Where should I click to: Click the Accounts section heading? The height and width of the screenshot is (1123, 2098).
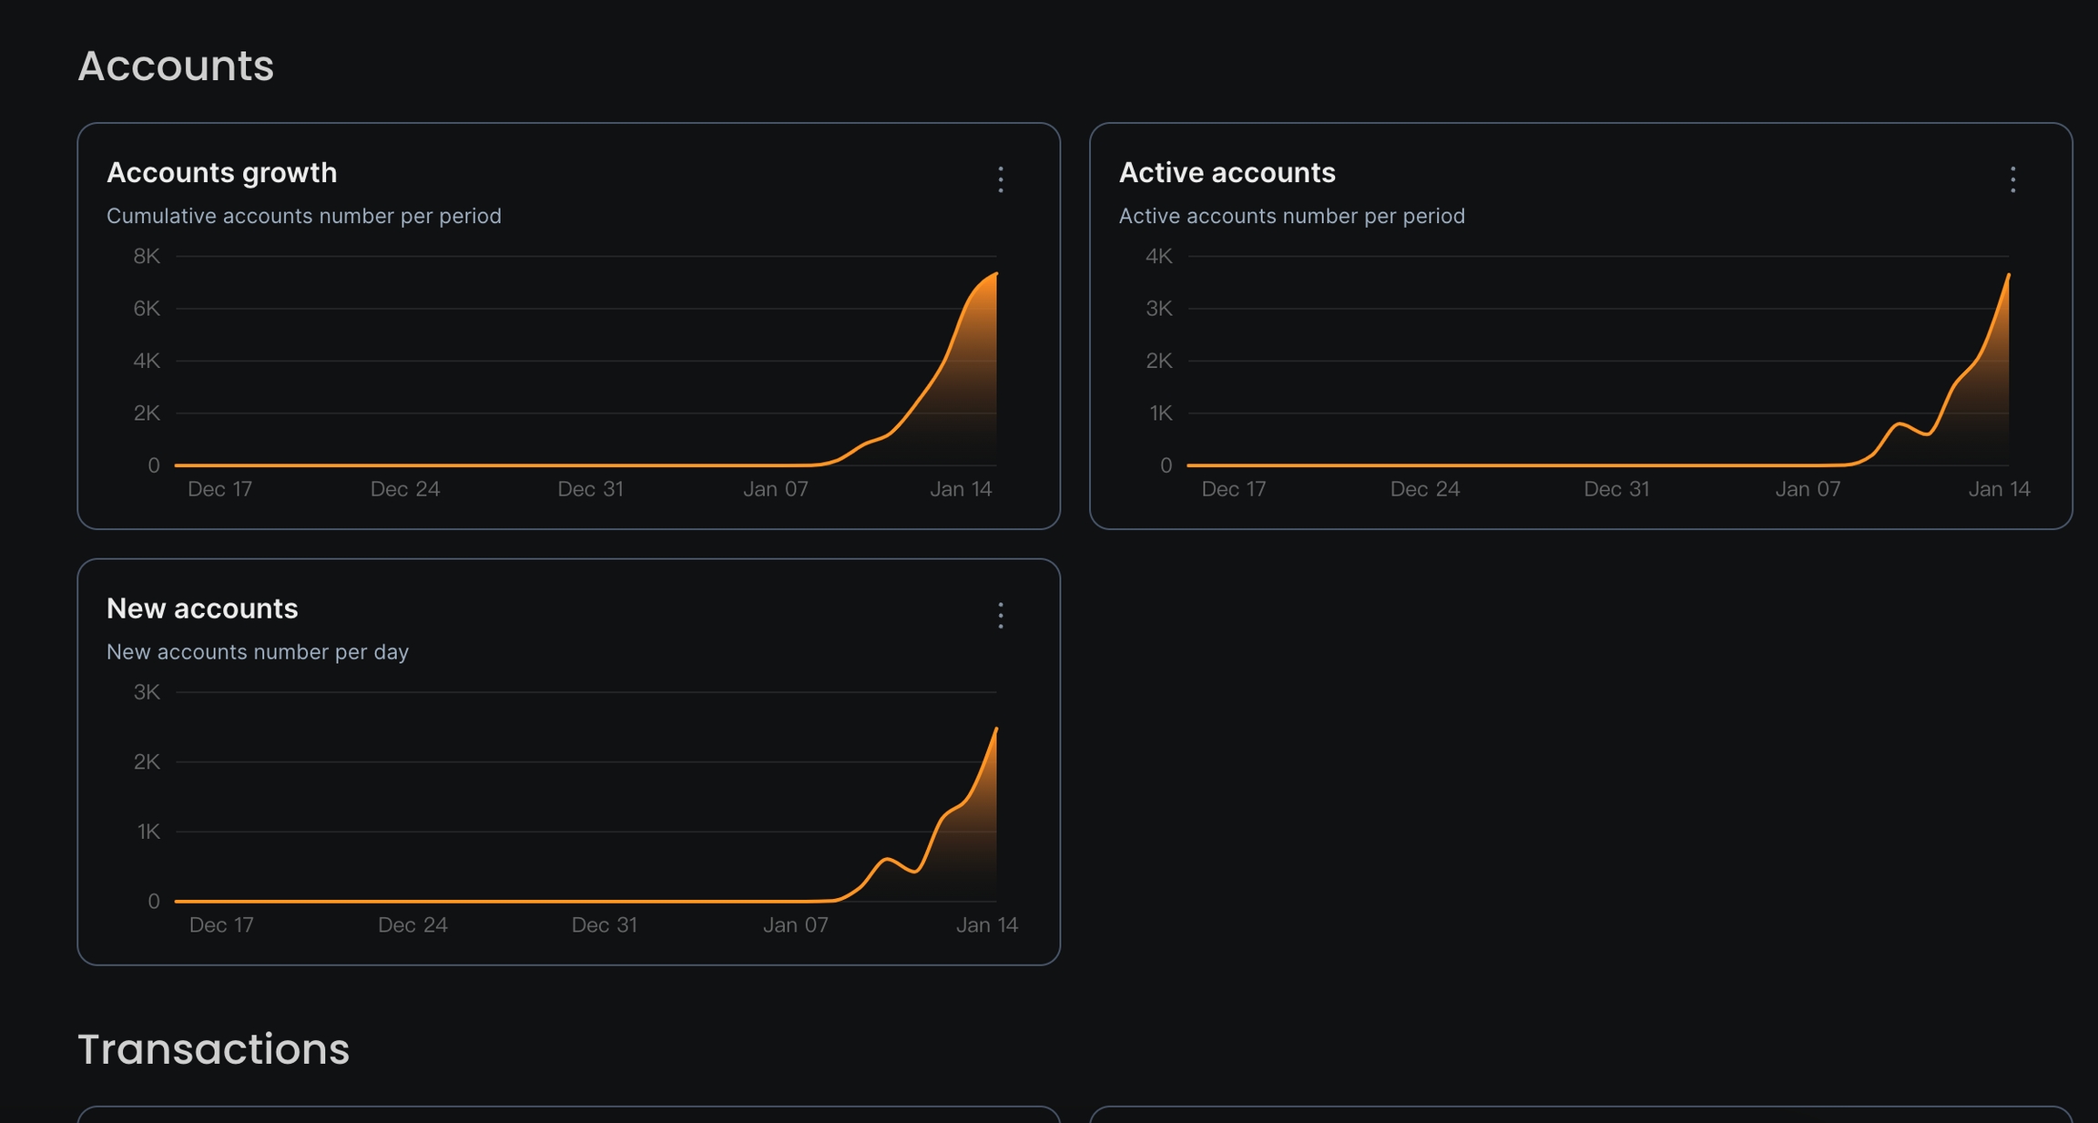coord(176,66)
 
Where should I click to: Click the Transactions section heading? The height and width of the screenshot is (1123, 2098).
coord(213,1048)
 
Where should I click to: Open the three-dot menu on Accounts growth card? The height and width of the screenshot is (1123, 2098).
coord(1001,179)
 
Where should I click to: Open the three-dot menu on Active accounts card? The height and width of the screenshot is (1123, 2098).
coord(2012,179)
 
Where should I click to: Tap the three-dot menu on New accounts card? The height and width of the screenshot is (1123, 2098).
coord(1001,616)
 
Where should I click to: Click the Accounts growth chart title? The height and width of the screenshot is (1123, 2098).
coord(221,172)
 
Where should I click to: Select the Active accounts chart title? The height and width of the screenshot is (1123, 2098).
coord(1227,172)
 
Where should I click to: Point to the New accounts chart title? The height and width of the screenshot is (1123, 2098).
coord(202,608)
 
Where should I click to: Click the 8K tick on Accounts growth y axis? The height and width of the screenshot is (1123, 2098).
coord(147,257)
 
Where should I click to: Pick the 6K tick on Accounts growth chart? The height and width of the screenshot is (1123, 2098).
coord(147,309)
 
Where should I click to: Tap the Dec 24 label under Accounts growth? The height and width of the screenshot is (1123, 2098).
coord(405,489)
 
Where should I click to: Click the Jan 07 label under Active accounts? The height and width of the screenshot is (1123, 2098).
coord(1808,489)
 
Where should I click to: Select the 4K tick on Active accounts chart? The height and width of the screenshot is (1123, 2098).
coord(1159,257)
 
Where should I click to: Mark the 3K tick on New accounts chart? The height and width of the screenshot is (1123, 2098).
coord(147,692)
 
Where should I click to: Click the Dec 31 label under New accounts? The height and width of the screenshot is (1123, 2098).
coord(604,925)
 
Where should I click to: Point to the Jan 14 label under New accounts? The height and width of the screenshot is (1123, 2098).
coord(986,925)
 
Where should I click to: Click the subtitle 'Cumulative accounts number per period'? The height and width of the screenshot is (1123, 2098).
coord(304,216)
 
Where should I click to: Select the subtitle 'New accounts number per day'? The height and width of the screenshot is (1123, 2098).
coord(258,652)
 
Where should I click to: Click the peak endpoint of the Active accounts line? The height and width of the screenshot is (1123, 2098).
coord(2008,275)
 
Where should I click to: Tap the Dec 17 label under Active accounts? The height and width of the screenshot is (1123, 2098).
coord(1234,489)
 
